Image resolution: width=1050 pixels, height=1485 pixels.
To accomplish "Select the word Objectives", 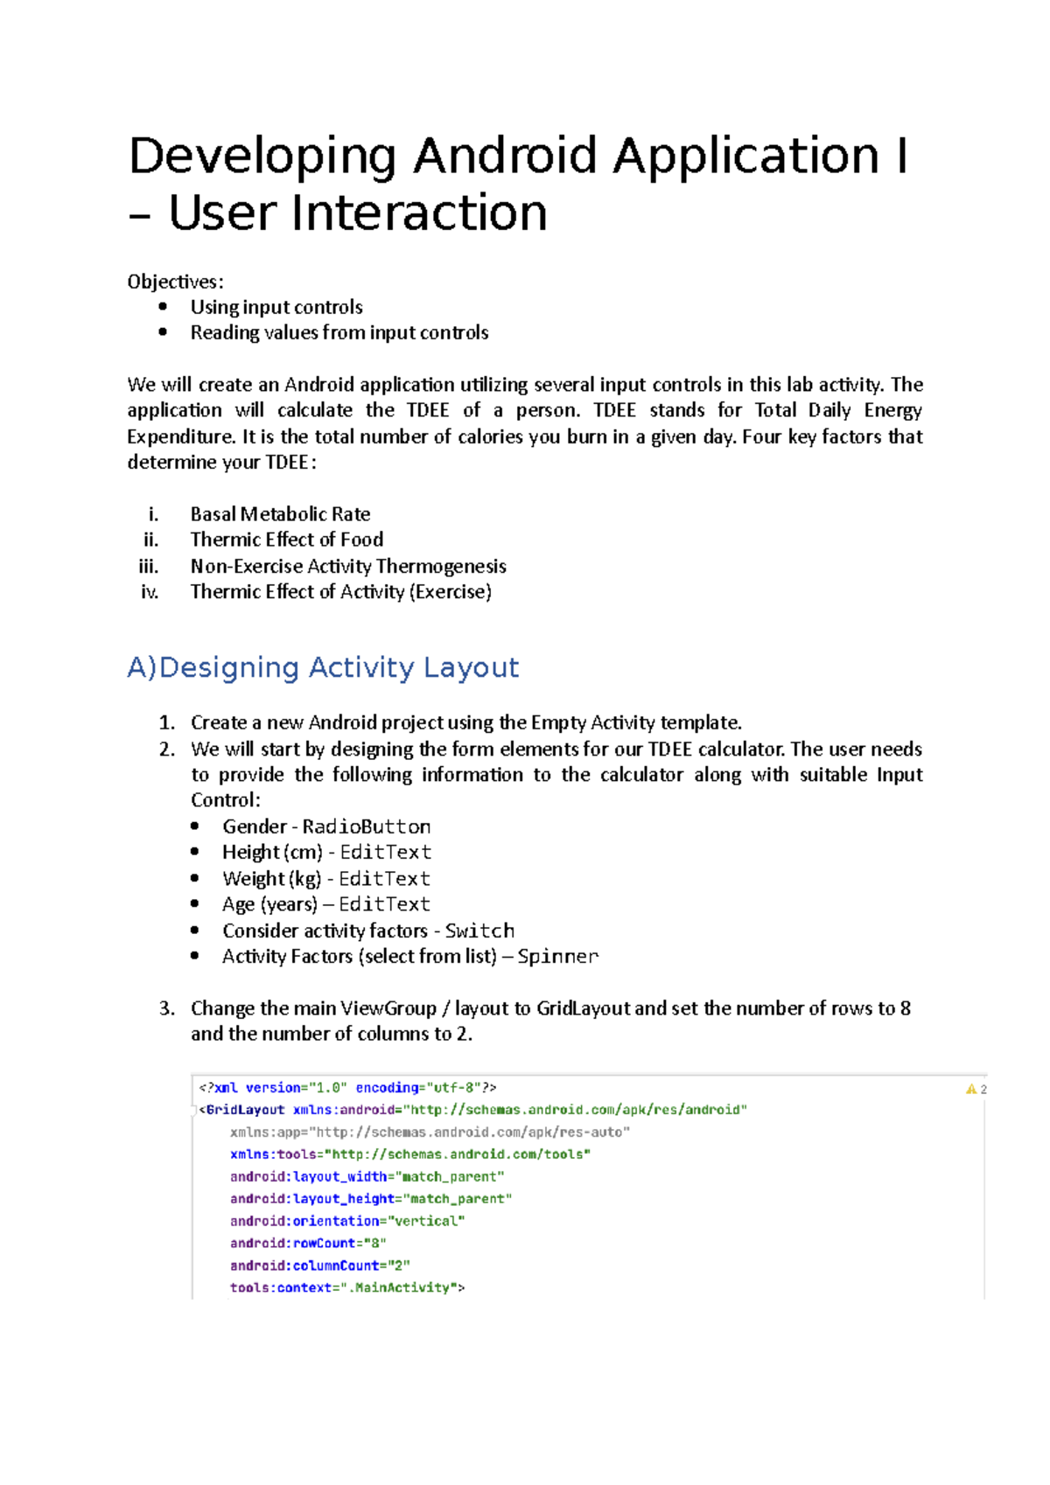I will pos(174,282).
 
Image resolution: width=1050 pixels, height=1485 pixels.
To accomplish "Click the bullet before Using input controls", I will pos(163,306).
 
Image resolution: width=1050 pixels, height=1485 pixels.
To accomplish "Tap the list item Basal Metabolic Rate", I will pos(280,514).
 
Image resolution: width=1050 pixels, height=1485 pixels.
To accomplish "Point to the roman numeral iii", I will pos(149,567).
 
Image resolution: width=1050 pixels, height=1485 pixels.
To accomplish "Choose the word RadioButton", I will pos(366,826).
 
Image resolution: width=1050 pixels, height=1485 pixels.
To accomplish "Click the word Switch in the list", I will pos(479,931).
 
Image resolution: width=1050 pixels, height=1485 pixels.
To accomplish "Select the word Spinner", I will pos(557,957).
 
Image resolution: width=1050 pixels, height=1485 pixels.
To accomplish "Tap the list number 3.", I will pos(166,1008).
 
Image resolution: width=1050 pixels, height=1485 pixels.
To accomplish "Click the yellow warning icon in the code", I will pos(971,1089).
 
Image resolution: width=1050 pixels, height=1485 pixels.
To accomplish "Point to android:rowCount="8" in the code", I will pos(308,1243).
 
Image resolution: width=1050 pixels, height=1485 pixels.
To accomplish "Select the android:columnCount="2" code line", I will pos(320,1265).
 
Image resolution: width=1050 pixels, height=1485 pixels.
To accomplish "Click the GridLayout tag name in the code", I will pos(245,1110).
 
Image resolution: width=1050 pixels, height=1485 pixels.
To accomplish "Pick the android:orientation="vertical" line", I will pos(347,1221).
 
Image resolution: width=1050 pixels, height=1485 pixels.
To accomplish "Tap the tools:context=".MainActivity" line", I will pos(347,1287).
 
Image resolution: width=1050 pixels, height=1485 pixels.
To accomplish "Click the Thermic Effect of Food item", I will pos(286,540).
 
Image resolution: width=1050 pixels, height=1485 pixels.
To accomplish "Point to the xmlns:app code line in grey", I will pos(430,1132).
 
